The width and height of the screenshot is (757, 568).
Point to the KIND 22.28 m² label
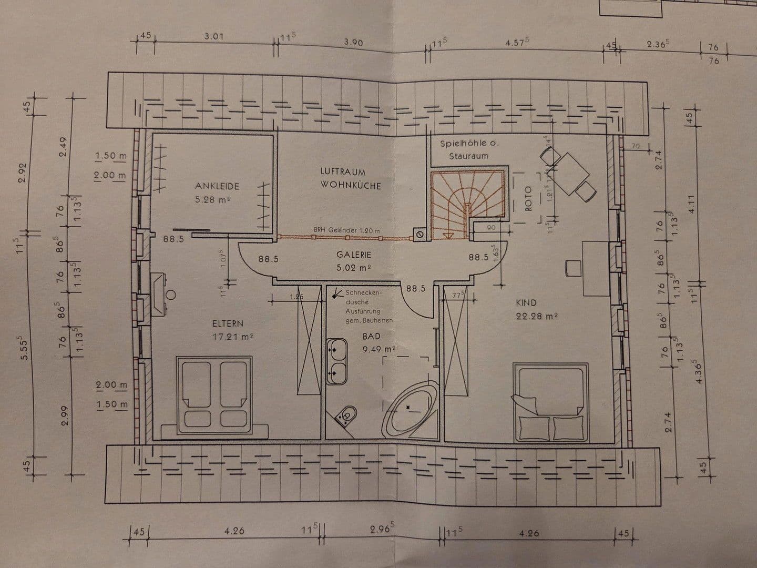536,309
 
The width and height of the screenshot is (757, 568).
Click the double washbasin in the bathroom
336,362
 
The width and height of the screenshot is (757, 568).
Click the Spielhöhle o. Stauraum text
468,149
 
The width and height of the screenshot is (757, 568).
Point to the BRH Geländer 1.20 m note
346,230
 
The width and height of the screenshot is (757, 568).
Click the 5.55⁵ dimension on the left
23,349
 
